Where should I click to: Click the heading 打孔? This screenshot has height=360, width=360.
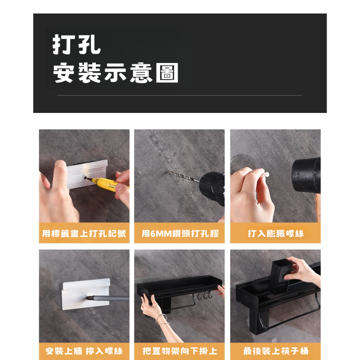click(76, 45)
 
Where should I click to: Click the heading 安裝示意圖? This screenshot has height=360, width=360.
click(116, 72)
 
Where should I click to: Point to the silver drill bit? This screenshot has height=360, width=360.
click(183, 176)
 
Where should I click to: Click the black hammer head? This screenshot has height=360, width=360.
click(306, 175)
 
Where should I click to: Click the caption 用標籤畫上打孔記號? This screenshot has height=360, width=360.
click(84, 234)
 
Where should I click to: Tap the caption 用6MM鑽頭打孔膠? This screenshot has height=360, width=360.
click(180, 234)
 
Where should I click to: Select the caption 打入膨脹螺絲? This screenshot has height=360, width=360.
click(275, 234)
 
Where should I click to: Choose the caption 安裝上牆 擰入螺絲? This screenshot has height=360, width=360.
click(84, 351)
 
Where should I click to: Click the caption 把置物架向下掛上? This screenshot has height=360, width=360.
click(180, 351)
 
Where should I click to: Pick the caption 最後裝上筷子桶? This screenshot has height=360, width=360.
click(275, 351)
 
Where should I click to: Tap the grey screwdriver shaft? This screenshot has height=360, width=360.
click(108, 298)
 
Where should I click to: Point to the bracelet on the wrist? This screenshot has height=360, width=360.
click(162, 319)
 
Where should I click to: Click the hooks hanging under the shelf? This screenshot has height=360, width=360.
click(204, 296)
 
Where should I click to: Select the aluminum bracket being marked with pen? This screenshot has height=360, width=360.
click(87, 174)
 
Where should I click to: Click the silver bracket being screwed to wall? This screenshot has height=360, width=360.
click(85, 294)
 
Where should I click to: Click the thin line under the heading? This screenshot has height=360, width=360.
click(179, 95)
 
